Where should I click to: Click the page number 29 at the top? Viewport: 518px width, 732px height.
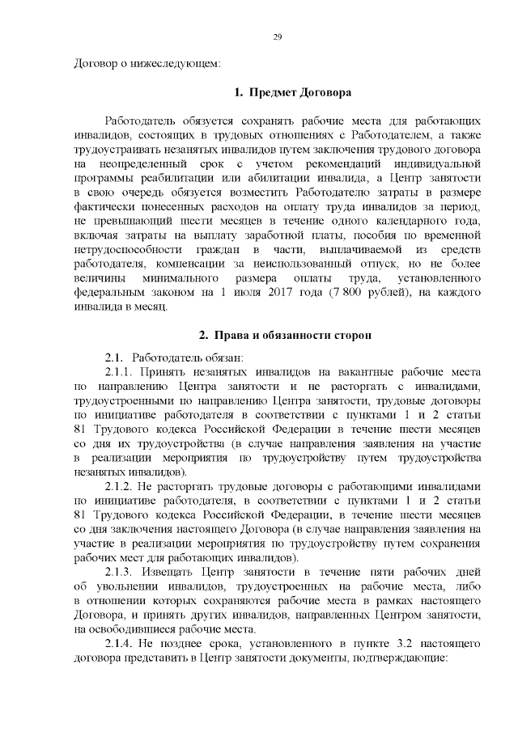click(277, 37)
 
